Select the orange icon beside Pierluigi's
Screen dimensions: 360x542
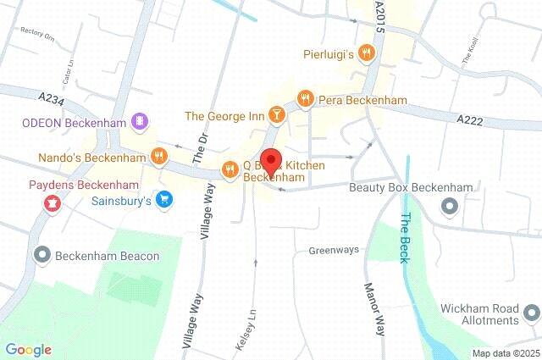point(366,54)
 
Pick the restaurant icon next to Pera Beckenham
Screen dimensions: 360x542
point(305,99)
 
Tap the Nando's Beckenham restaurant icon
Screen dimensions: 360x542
point(158,156)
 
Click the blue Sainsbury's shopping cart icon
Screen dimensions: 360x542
point(165,201)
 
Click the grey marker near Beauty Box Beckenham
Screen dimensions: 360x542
point(450,205)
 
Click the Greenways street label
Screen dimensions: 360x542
point(333,250)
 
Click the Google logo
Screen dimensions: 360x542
point(28,350)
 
